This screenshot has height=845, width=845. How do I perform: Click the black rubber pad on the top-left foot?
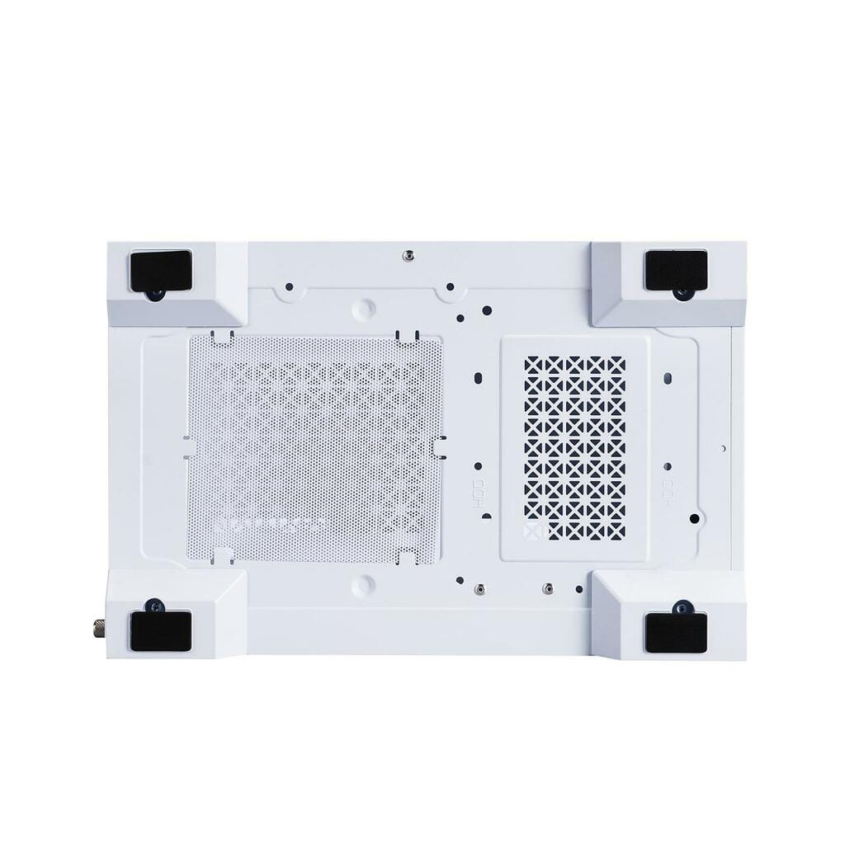pos(160,270)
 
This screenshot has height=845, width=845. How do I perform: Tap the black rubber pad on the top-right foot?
pos(676,269)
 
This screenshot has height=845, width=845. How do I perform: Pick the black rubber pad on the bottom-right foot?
pos(675,631)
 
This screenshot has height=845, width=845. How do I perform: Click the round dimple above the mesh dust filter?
pos(363,309)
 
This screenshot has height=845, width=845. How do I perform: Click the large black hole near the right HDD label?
pos(695,519)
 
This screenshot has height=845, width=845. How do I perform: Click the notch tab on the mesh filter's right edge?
pos(437,446)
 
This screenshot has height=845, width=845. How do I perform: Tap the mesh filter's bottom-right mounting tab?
pos(405,559)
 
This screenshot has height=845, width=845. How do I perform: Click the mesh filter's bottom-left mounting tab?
pos(221,555)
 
